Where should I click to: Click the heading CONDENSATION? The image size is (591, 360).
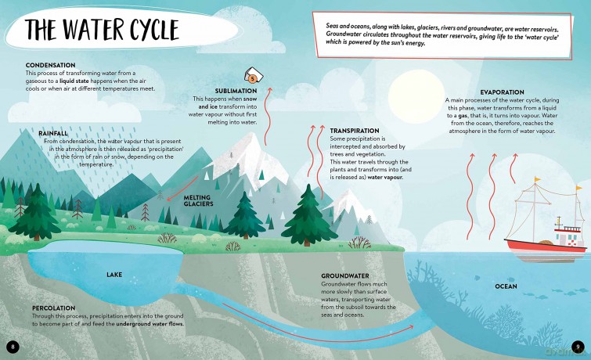(51, 65)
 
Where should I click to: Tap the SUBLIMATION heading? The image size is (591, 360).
(236, 91)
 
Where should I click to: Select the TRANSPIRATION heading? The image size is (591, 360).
(355, 131)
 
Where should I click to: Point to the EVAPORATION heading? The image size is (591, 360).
(502, 92)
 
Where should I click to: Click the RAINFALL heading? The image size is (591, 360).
(53, 134)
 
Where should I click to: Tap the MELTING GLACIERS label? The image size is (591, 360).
(198, 200)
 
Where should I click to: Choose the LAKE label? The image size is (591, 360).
(114, 275)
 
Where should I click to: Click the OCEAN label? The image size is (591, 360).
(506, 286)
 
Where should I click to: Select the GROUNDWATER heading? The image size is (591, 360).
(345, 276)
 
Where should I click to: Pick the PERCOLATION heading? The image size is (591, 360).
(53, 308)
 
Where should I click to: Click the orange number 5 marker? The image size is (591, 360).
(253, 79)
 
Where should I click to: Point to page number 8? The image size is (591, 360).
(13, 347)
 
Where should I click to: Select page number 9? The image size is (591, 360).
(578, 347)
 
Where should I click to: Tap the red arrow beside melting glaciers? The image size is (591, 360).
(182, 189)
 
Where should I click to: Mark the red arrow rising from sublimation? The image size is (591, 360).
(267, 116)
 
